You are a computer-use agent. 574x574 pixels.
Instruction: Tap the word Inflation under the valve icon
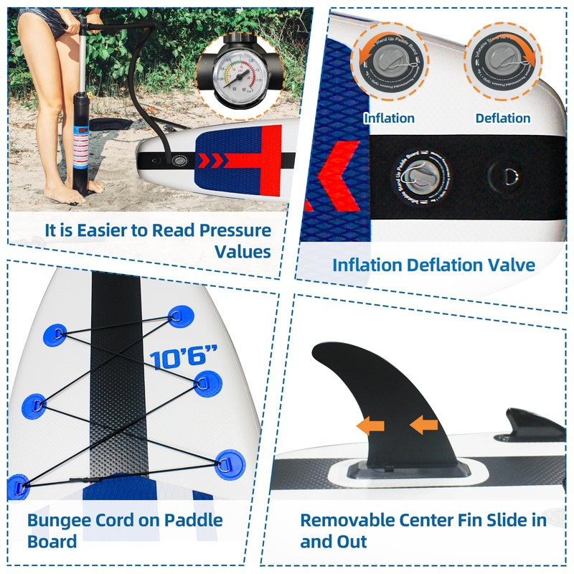tap(389, 118)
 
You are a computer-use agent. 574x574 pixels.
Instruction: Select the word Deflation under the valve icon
tap(502, 118)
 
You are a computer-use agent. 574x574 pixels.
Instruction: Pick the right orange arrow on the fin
tap(423, 425)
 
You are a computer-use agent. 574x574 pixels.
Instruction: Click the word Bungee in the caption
tap(60, 520)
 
